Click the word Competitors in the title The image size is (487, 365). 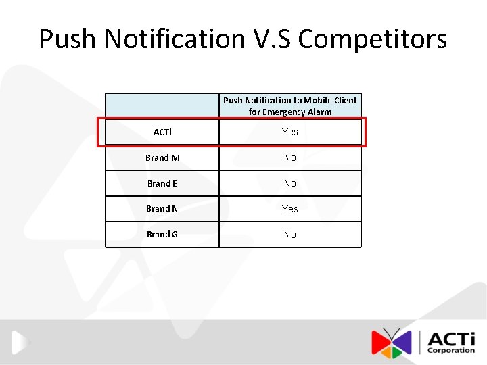click(373, 39)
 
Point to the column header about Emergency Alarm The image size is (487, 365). click(290, 105)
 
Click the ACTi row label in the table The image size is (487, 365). click(162, 132)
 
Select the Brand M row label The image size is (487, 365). click(162, 157)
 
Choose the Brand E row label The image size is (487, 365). click(162, 183)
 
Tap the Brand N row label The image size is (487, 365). click(162, 209)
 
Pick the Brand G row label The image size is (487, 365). click(162, 235)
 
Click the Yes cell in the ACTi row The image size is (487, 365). click(290, 132)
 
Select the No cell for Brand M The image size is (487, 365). click(290, 157)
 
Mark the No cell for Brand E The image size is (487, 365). click(290, 183)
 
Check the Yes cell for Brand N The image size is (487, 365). click(290, 209)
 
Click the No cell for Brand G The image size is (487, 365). click(290, 235)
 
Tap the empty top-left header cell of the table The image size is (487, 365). click(162, 105)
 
